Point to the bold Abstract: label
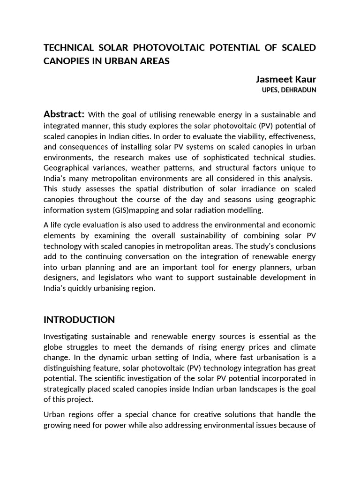64,114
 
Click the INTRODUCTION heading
79,320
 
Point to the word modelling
246,210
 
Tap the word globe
53,347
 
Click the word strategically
65,390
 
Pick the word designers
60,277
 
